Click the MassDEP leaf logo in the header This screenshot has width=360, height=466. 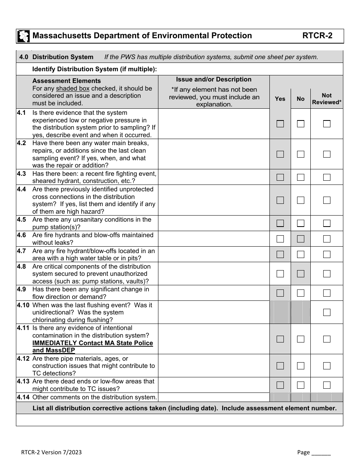pos(23,36)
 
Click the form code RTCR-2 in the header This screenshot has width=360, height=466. pos(317,36)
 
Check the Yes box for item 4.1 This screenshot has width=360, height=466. pos(280,124)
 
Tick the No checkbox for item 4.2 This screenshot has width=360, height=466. pos(301,154)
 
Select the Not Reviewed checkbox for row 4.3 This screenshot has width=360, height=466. pos(327,177)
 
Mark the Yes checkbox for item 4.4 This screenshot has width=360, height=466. pos(280,200)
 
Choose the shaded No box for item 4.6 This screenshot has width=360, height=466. pos(301,239)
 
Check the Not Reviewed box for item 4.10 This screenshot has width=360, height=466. pos(327,312)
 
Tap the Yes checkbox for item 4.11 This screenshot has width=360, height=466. pos(280,339)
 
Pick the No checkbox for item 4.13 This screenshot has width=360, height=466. pos(301,385)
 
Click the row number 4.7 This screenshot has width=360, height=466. pos(22,251)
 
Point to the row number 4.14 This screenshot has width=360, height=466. pos(23,397)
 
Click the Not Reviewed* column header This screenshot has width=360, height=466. pos(327,99)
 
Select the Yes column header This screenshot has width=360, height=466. pos(280,99)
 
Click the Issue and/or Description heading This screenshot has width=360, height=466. pos(214,80)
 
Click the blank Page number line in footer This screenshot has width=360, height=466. pos(321,452)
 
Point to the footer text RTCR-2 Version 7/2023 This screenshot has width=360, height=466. pos(51,452)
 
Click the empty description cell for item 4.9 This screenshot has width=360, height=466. pos(214,293)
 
